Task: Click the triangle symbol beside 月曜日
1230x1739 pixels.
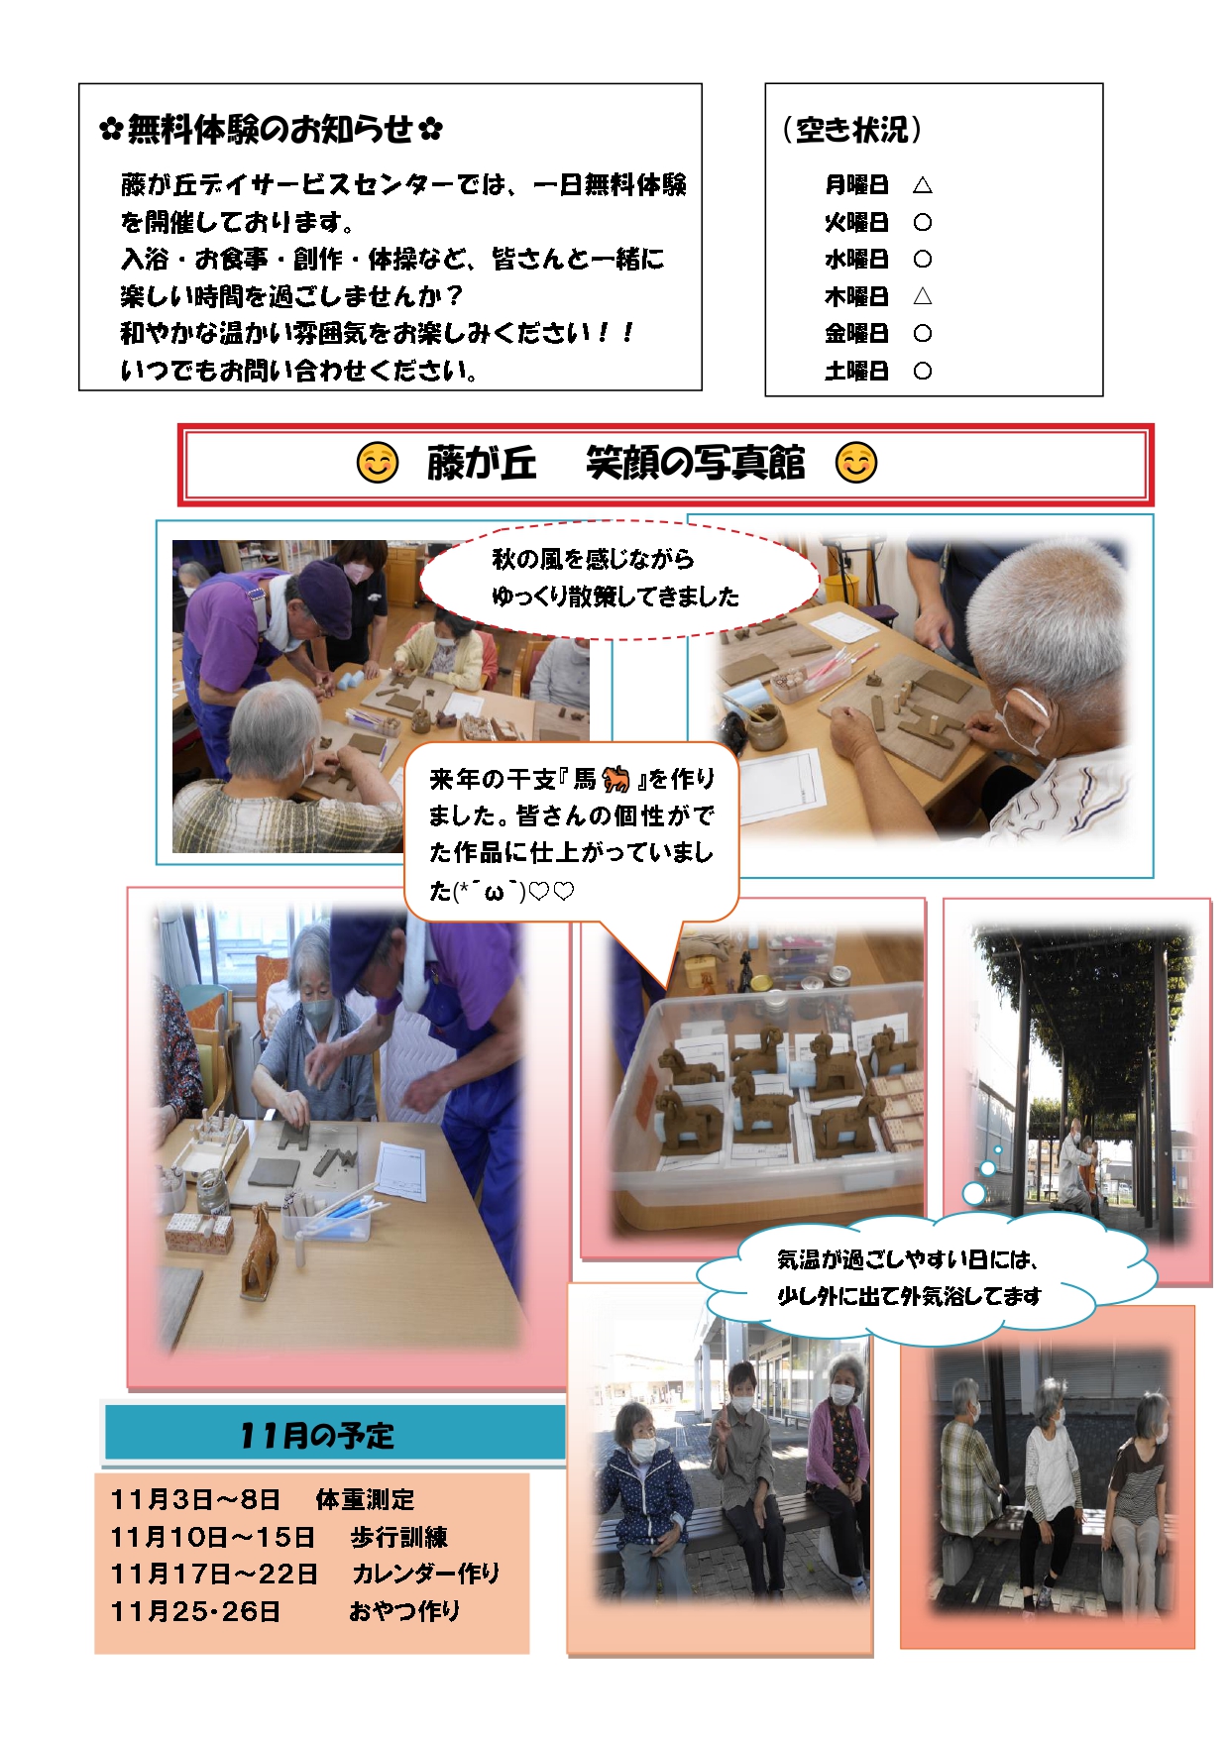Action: coord(922,184)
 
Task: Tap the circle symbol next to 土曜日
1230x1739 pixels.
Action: coord(922,371)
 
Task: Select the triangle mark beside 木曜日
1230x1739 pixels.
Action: coord(922,295)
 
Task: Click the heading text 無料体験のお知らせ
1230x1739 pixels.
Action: coord(271,129)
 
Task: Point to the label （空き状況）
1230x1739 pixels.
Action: coord(851,129)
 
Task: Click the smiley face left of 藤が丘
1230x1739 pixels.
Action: coord(377,463)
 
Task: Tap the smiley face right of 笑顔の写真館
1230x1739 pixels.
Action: coord(856,463)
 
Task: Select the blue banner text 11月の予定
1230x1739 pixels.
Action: coord(316,1435)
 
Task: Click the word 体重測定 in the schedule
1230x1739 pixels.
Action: coord(365,1499)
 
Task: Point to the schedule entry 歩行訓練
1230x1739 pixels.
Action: coord(398,1536)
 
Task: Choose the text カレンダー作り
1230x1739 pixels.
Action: coord(426,1573)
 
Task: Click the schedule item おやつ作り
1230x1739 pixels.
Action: coord(404,1610)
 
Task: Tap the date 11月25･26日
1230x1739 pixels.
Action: coord(195,1611)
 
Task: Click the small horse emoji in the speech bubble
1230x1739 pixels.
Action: coord(615,779)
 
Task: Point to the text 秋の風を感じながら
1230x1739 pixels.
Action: coord(593,559)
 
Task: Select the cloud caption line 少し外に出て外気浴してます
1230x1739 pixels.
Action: coord(909,1296)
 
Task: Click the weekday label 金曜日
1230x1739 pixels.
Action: coord(856,333)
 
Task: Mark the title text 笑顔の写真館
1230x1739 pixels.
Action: coord(695,463)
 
